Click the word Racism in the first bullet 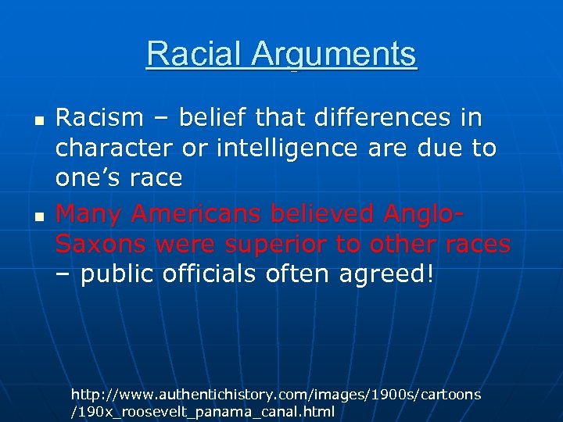coord(100,118)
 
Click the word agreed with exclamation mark coord(381,274)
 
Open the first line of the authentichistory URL coord(275,395)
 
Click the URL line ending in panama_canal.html coord(203,411)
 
